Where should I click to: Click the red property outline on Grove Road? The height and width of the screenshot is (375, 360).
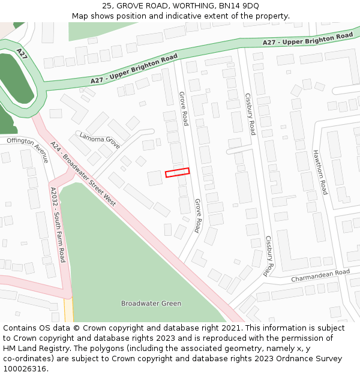point(177,172)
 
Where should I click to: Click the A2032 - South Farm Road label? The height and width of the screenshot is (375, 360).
point(58,224)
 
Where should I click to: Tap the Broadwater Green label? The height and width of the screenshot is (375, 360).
point(151,303)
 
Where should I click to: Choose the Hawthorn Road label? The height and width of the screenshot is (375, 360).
point(320,172)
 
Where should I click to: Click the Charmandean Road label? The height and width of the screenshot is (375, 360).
point(320,276)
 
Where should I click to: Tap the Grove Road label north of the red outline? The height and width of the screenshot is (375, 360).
point(184,109)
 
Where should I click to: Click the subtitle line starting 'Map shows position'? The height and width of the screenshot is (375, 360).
point(180,16)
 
